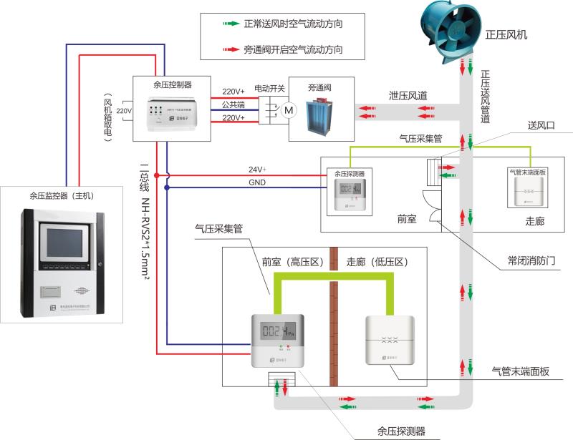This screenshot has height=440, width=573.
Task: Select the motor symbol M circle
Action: pyautogui.click(x=289, y=110)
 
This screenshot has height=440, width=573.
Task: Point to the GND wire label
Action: pyautogui.click(x=256, y=182)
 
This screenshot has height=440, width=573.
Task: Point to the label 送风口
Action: pyautogui.click(x=541, y=125)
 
